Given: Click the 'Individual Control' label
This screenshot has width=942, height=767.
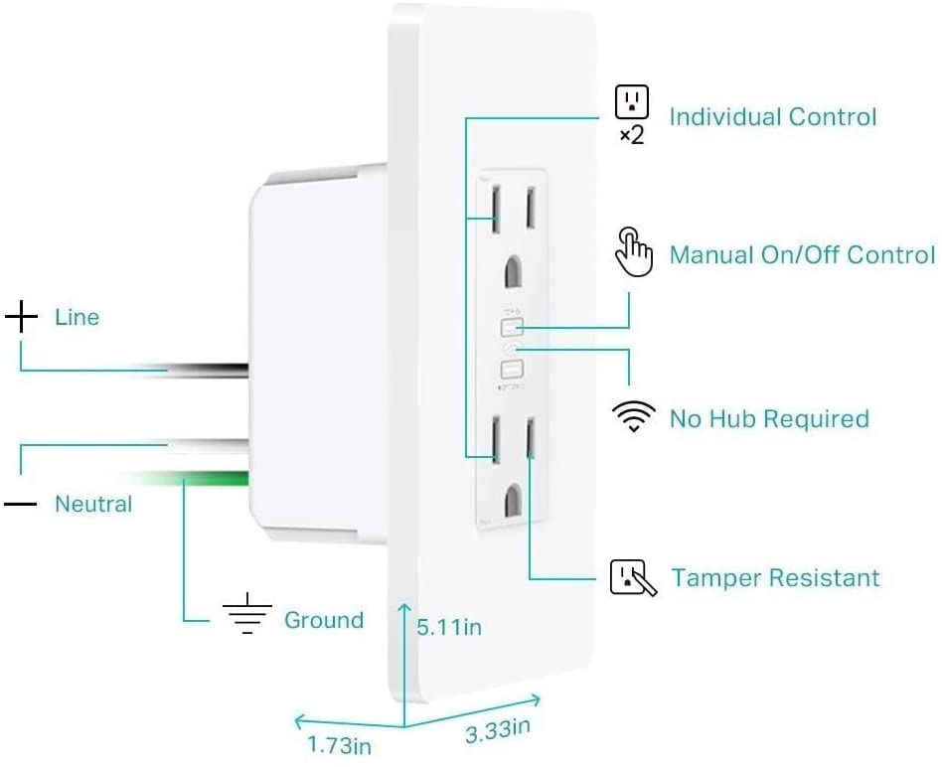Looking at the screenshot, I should [772, 117].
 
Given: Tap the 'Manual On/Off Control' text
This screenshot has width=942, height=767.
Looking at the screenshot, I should [802, 255].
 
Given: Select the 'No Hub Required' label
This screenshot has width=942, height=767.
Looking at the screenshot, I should [769, 418].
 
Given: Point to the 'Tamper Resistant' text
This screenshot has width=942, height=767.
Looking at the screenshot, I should [775, 578].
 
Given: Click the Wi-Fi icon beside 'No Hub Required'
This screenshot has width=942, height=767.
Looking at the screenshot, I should [634, 418].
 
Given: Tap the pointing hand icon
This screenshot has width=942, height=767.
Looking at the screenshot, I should [633, 250].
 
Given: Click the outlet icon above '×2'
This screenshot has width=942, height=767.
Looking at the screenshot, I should [632, 101].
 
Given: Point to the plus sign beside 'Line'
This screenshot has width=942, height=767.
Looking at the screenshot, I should [21, 318].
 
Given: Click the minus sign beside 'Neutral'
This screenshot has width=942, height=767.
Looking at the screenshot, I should [20, 505].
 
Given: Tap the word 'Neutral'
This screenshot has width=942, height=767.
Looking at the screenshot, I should [93, 505].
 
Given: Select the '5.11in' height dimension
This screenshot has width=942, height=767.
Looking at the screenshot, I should [449, 627].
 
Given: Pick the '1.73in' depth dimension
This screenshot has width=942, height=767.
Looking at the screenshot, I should [338, 744].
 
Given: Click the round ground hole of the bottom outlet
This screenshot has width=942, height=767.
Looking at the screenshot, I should [514, 496].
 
